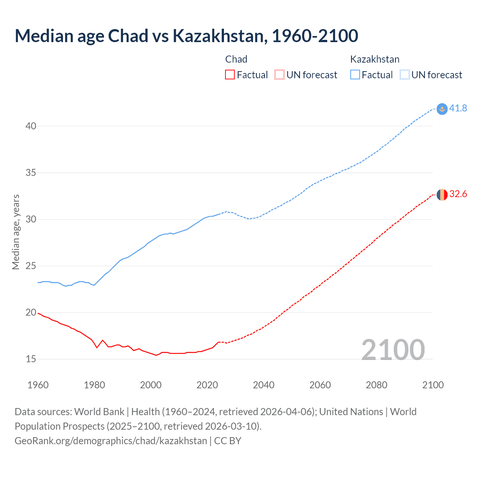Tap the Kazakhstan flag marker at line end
click(x=442, y=109)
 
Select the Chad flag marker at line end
click(x=442, y=195)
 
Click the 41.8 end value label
click(x=458, y=108)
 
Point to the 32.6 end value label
click(x=458, y=194)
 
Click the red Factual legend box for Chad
click(x=230, y=75)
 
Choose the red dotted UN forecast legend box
click(x=279, y=75)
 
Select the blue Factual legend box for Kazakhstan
click(x=355, y=75)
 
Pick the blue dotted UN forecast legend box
click(x=404, y=75)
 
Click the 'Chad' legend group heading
click(x=236, y=59)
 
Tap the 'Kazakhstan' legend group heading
click(x=375, y=59)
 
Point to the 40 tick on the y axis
click(x=31, y=126)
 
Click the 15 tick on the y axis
click(x=31, y=359)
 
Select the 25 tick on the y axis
click(x=31, y=266)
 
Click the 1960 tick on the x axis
click(x=38, y=385)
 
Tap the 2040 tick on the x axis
click(x=263, y=385)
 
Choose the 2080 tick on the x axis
click(x=376, y=385)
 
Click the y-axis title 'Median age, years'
click(x=16, y=232)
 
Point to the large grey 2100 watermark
click(x=393, y=350)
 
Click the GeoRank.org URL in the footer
click(x=111, y=441)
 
